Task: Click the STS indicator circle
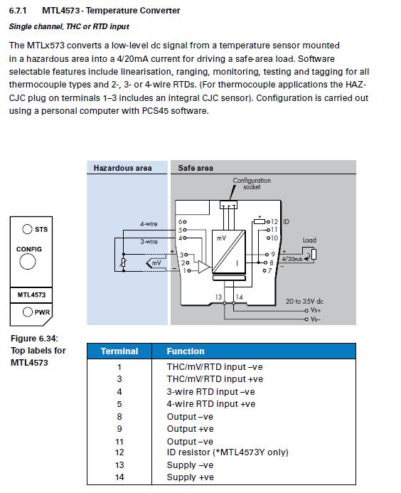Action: (27, 229)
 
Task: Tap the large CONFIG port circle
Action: (27, 261)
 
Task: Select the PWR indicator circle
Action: (27, 312)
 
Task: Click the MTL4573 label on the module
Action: (31, 295)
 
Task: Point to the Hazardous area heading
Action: (122, 168)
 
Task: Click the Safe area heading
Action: (196, 168)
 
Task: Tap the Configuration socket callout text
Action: (252, 184)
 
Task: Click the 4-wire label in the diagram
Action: (149, 224)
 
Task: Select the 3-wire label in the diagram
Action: (149, 241)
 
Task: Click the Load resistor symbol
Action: (314, 254)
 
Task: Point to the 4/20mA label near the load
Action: (292, 259)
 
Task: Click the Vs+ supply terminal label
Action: (316, 310)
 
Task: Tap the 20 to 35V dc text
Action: (304, 301)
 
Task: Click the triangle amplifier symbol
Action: (203, 267)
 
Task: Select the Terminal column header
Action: (119, 351)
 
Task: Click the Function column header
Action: (186, 351)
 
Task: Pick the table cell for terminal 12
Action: (119, 452)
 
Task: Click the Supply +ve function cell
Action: (190, 477)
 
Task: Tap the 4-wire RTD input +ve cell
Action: (211, 404)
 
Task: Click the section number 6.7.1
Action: (18, 11)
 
